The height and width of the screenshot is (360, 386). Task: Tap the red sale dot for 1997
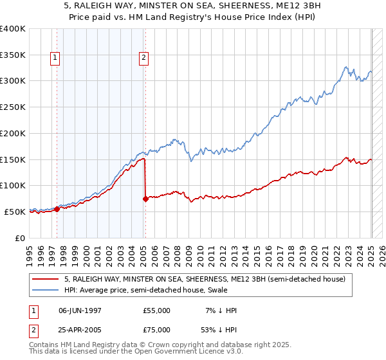[57, 208]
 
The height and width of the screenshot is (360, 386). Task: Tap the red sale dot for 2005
[145, 199]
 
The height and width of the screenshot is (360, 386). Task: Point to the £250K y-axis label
[13, 107]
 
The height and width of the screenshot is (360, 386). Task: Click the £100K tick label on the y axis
[13, 185]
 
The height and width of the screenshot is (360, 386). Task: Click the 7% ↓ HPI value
[219, 310]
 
